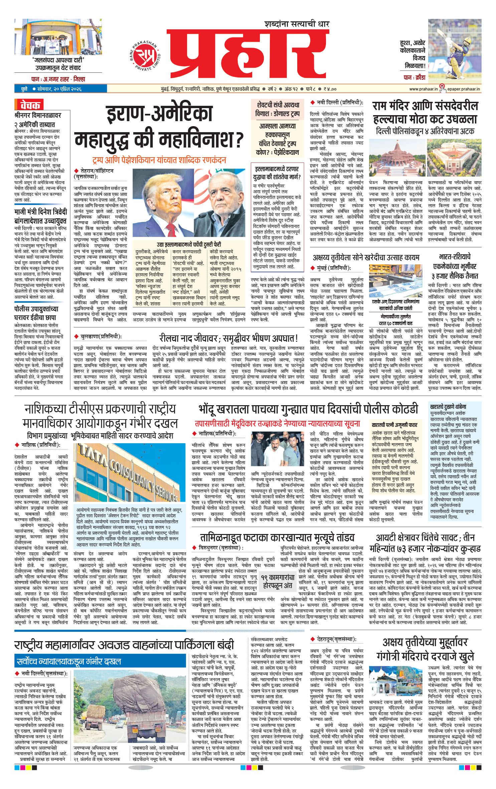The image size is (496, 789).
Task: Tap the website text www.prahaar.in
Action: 423,89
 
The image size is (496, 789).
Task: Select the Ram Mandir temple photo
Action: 396,160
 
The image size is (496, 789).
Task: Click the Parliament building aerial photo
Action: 454,160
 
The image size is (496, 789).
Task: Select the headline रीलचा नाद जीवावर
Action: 228,338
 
